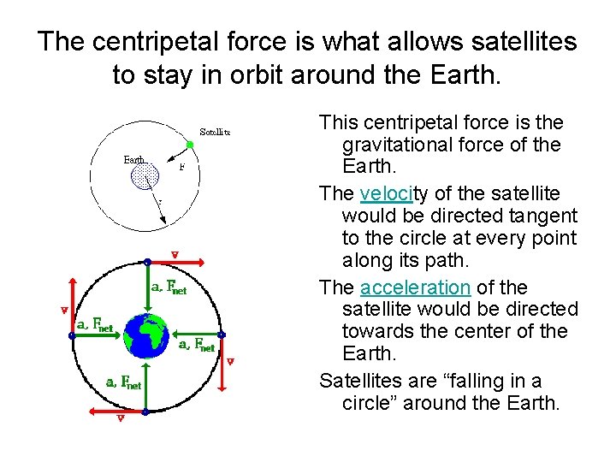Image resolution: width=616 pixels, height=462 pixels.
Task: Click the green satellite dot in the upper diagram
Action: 190,145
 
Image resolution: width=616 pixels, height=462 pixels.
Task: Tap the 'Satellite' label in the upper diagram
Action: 215,132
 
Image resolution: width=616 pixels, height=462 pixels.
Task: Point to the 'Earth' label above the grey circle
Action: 134,159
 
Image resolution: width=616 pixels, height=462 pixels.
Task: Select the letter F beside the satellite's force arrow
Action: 181,169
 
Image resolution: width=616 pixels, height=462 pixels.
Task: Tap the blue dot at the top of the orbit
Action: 147,261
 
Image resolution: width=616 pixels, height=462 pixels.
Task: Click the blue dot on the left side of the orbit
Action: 72,335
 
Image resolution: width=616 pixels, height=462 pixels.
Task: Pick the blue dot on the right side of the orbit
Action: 221,335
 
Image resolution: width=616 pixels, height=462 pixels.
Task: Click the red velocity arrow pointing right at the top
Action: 175,262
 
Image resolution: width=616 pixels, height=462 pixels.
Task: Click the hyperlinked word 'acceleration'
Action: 415,287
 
